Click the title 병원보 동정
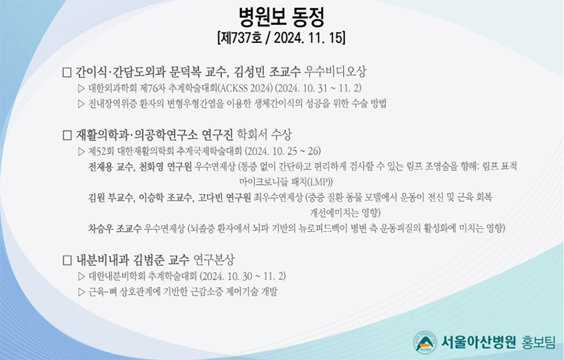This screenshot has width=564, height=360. click(x=281, y=17)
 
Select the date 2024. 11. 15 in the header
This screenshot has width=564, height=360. click(x=308, y=38)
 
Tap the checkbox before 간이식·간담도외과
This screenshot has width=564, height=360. click(x=67, y=73)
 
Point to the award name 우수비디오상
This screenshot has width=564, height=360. click(x=335, y=72)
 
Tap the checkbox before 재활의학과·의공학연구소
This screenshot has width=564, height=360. click(x=67, y=135)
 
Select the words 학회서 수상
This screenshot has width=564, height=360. click(x=265, y=135)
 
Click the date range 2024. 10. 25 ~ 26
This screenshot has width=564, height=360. click(x=283, y=150)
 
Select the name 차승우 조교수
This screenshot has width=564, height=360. click(x=115, y=228)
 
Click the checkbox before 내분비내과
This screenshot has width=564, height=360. click(x=67, y=260)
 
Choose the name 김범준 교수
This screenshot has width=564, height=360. click(x=160, y=260)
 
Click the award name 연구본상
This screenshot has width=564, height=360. click(x=214, y=260)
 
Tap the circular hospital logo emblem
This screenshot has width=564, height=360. click(x=425, y=343)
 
